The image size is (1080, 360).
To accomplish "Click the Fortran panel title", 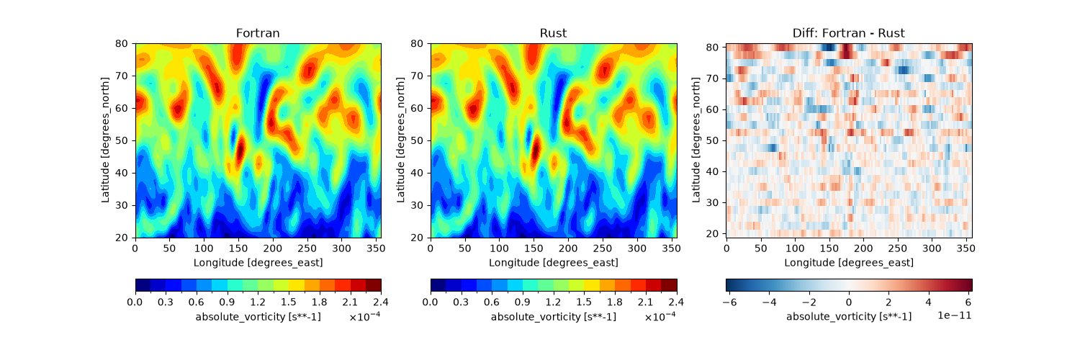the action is tap(258, 33).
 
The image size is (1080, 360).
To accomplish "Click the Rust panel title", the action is tap(553, 33).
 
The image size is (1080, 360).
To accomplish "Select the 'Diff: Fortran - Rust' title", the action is tap(849, 33).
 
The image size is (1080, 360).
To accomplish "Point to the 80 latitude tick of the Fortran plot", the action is tap(121, 43).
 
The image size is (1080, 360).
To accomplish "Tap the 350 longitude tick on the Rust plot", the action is tap(671, 248).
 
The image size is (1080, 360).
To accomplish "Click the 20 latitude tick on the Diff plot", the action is tap(712, 234).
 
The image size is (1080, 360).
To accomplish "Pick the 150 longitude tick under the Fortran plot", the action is tap(238, 248).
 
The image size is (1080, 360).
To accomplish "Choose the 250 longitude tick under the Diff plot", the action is tap(897, 248).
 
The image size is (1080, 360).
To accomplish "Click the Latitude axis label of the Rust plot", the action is tap(400, 140).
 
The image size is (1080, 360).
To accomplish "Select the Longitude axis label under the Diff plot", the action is tap(849, 263).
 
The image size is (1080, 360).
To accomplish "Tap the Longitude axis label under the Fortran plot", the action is tap(258, 263).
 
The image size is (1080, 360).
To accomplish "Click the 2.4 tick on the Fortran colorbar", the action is tap(380, 302).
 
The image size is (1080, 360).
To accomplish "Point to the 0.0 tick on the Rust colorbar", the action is tap(430, 302).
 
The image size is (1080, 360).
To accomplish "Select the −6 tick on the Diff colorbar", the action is tap(729, 302).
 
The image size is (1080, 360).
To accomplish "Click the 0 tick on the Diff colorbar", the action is tap(849, 302).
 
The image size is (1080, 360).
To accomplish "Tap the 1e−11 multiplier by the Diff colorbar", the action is tap(954, 315).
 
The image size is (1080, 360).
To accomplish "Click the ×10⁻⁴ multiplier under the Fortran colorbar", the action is tap(365, 316).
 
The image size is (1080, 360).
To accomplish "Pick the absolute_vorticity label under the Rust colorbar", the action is tap(554, 317).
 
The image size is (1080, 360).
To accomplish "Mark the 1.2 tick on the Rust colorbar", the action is tap(553, 302).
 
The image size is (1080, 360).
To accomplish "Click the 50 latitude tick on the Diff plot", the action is tap(712, 140).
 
